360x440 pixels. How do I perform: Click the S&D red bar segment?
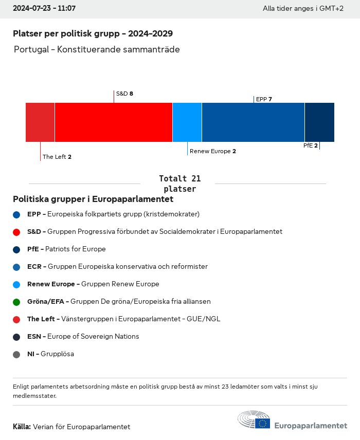pyautogui.click(x=113, y=122)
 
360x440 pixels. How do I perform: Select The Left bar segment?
pyautogui.click(x=40, y=122)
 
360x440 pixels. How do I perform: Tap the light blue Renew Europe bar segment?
pyautogui.click(x=187, y=122)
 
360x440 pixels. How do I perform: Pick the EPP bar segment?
pyautogui.click(x=253, y=122)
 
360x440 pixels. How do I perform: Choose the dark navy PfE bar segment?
pyautogui.click(x=319, y=122)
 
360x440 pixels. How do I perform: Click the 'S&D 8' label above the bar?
pyautogui.click(x=124, y=94)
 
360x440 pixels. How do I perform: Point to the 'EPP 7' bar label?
pyautogui.click(x=264, y=99)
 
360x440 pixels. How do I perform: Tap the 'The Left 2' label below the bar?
pyautogui.click(x=57, y=157)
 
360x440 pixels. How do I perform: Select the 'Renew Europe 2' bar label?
pyautogui.click(x=212, y=151)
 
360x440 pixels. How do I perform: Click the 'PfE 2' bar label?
pyautogui.click(x=311, y=145)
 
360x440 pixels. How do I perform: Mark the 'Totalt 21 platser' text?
pyautogui.click(x=179, y=184)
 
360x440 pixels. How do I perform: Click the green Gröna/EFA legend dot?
pyautogui.click(x=16, y=302)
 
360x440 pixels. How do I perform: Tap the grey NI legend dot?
pyautogui.click(x=16, y=354)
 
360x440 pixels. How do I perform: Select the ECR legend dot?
pyautogui.click(x=16, y=267)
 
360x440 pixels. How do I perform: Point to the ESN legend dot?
pyautogui.click(x=16, y=337)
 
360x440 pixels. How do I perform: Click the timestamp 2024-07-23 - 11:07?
pyautogui.click(x=44, y=8)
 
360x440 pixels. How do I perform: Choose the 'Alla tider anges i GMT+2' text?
pyautogui.click(x=303, y=9)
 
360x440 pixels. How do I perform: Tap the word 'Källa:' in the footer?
pyautogui.click(x=22, y=427)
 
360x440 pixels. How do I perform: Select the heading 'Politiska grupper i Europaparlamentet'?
pyautogui.click(x=93, y=199)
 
